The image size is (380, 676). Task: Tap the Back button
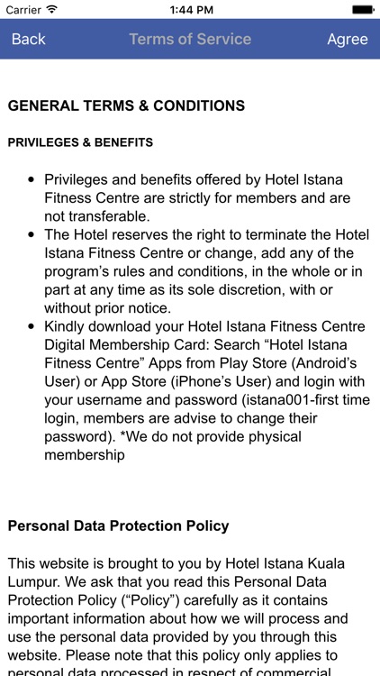tap(28, 39)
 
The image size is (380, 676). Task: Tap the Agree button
tap(347, 39)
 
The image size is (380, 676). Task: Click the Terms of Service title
tap(190, 39)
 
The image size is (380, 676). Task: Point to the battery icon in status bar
tap(362, 9)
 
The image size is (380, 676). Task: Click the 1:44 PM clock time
tap(190, 9)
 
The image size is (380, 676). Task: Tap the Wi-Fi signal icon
tap(51, 9)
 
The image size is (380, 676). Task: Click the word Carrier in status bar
tap(23, 9)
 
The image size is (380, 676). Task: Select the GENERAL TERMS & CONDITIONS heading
tap(126, 106)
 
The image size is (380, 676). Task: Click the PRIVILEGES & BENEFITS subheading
tap(80, 142)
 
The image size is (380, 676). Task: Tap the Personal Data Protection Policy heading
tap(118, 525)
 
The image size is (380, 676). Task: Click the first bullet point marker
tap(32, 179)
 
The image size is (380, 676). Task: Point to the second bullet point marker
tap(32, 234)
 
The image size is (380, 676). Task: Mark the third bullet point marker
tap(32, 326)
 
